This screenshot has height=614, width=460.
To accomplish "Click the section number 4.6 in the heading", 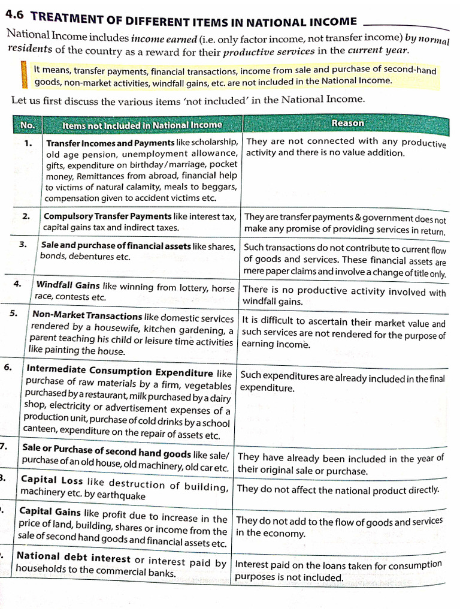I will point(16,18).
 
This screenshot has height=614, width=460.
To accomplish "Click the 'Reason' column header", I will point(347,123).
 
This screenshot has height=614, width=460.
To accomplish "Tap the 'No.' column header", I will point(28,125).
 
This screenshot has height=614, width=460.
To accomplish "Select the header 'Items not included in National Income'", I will point(142,125).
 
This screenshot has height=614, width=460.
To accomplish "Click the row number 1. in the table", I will point(29,143).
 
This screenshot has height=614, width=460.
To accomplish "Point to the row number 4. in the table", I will point(18,284).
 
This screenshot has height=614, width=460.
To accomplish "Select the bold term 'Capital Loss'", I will point(52,480).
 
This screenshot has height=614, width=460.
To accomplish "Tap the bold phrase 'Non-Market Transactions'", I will point(87,316).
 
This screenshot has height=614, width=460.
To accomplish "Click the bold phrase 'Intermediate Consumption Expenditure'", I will point(120,372).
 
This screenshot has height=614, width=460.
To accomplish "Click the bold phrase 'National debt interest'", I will point(73,557).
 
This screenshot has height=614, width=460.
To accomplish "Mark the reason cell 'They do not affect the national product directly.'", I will point(338,489).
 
